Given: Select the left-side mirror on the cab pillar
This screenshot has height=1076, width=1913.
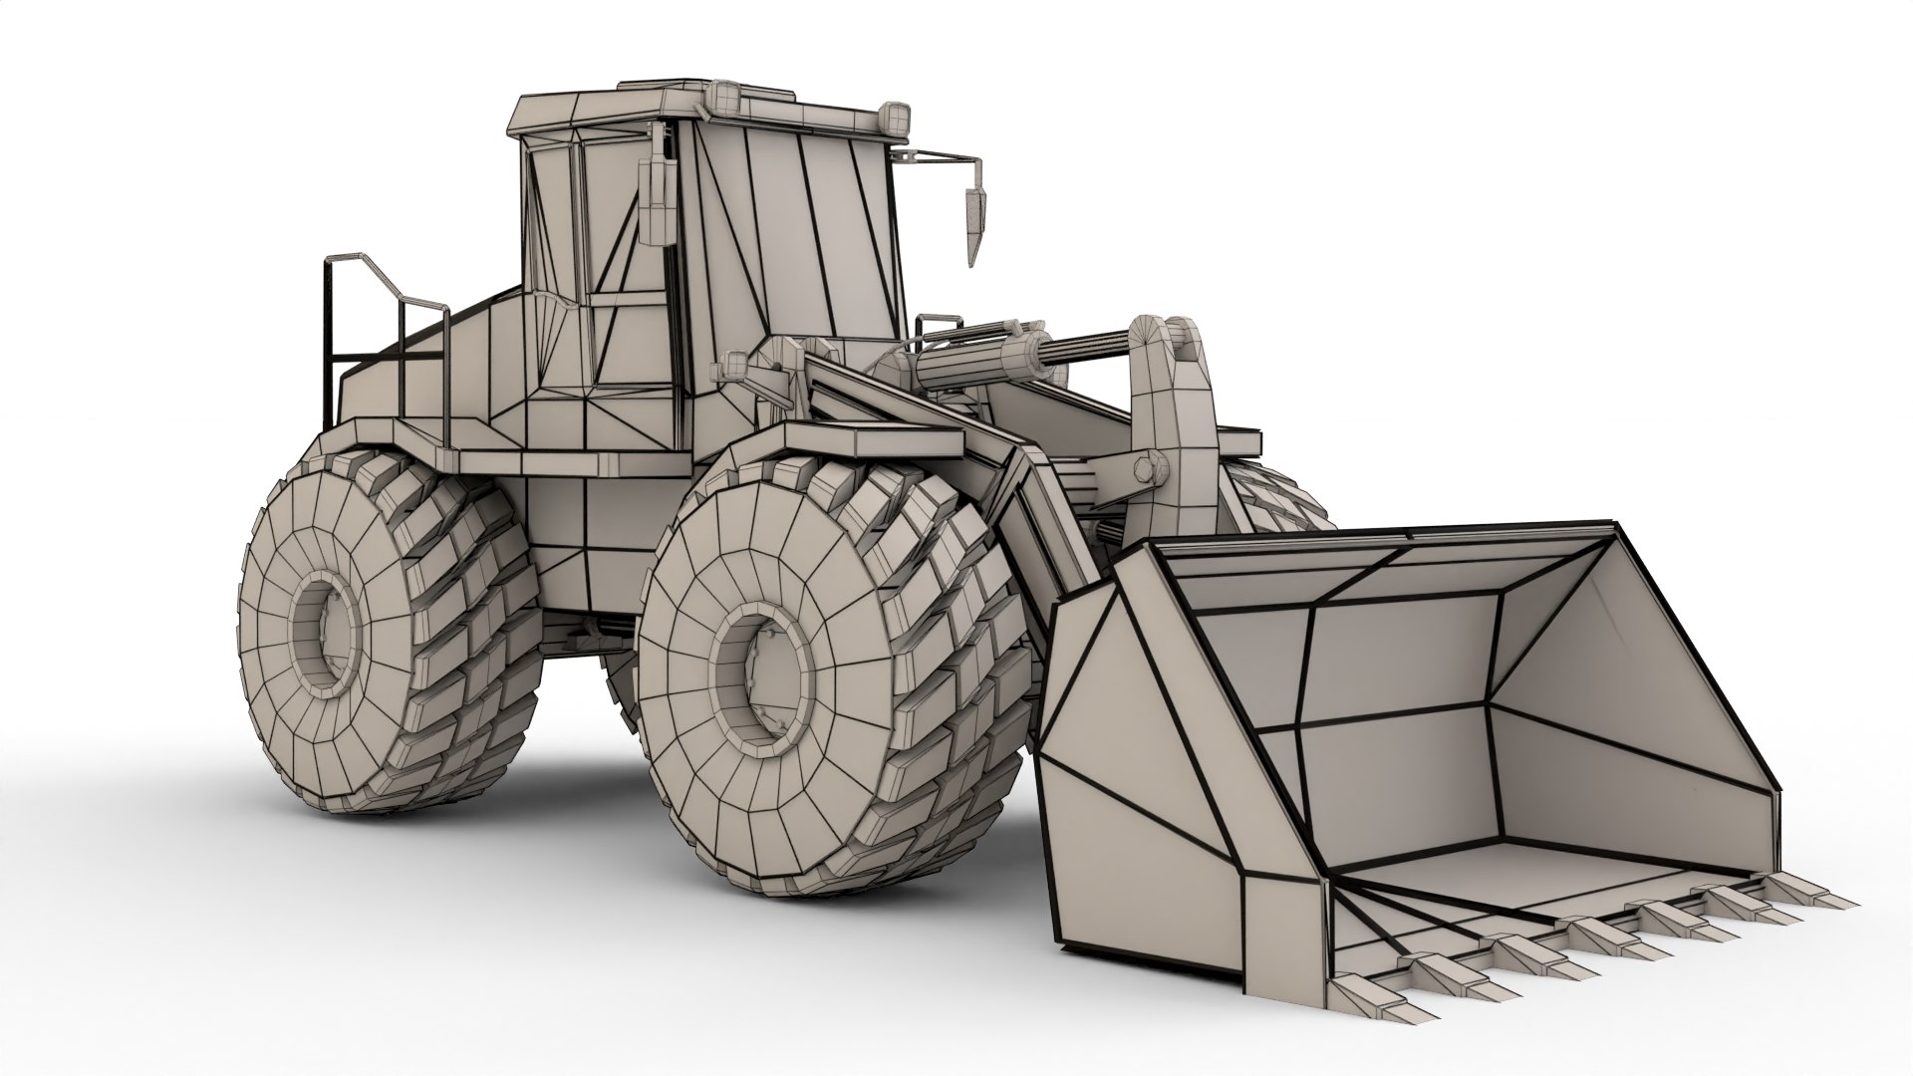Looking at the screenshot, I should pyautogui.click(x=656, y=195).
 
